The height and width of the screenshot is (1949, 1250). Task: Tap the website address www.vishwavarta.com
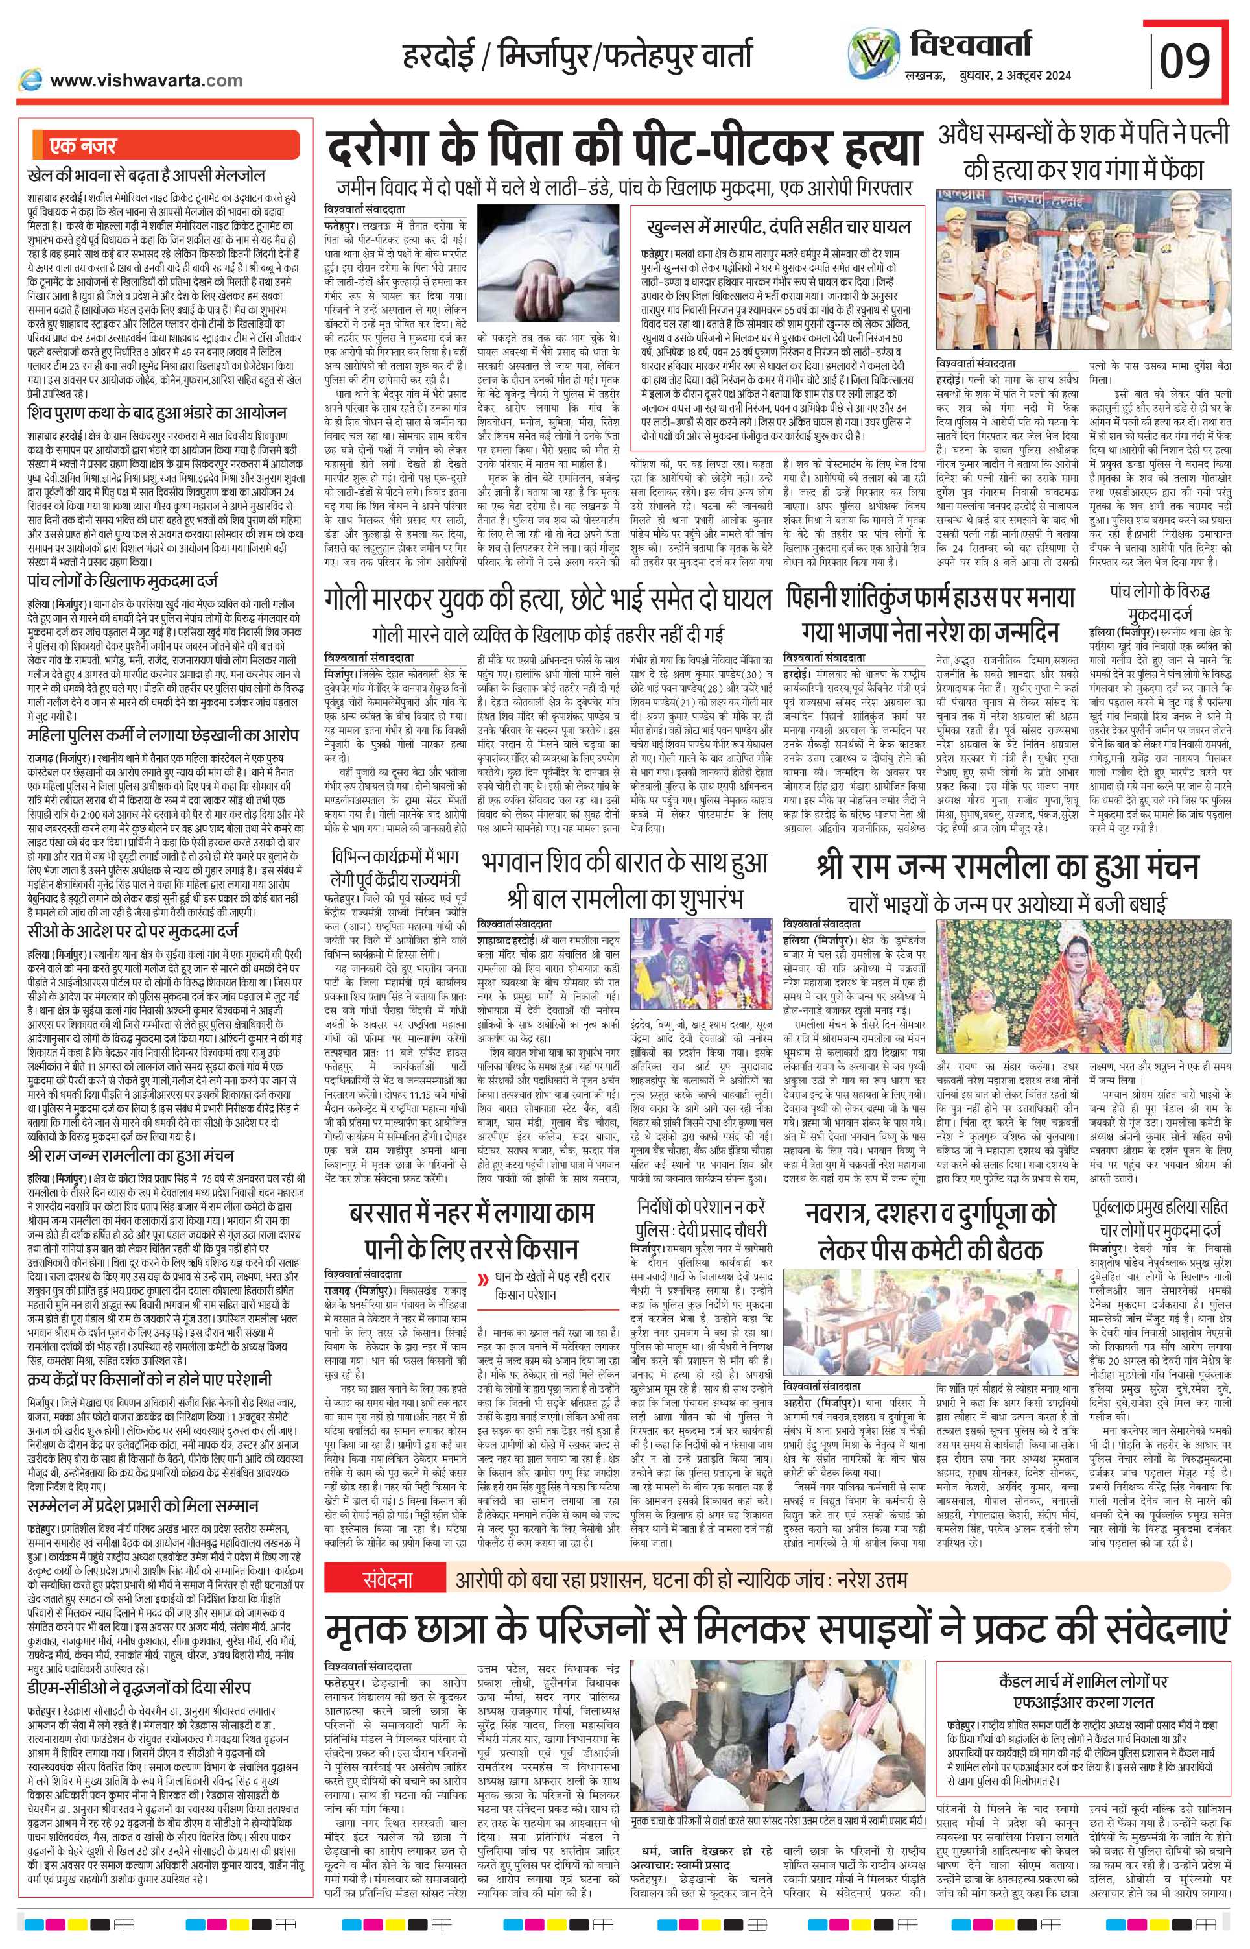pos(146,80)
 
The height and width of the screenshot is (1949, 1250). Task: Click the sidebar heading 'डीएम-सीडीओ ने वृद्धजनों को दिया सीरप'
pos(136,1660)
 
